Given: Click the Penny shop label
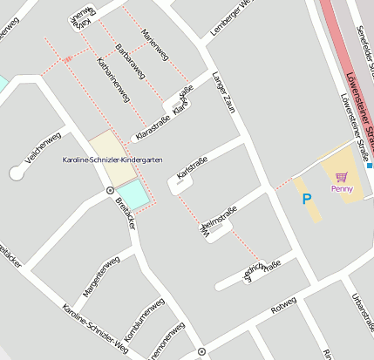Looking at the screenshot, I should [x=342, y=188].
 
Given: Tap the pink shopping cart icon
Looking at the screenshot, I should [x=341, y=176].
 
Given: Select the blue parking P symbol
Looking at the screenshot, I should [x=306, y=199].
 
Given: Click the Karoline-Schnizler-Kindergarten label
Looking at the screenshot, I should [x=112, y=160].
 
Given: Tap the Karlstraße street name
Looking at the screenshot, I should [x=192, y=167].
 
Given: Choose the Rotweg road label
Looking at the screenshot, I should [x=283, y=307].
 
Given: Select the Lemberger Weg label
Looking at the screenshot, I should [x=230, y=19].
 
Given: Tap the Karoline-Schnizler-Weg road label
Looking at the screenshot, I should [x=96, y=331].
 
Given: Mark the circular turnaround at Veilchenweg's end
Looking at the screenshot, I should [x=16, y=173].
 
